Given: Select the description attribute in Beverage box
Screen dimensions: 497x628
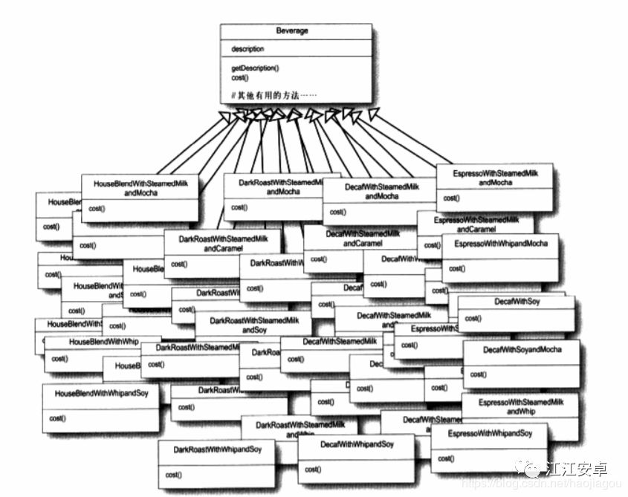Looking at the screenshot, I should [x=247, y=49].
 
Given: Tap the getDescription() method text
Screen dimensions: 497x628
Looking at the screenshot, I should [x=255, y=68].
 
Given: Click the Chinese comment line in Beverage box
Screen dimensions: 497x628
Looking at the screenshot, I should [x=273, y=95].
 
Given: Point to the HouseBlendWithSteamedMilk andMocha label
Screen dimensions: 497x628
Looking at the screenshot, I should [x=140, y=187].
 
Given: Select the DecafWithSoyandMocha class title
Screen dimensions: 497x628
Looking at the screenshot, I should [x=522, y=349].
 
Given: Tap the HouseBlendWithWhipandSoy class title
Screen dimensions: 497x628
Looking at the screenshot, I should [x=100, y=394].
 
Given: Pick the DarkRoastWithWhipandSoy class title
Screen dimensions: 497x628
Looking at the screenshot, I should [x=217, y=450].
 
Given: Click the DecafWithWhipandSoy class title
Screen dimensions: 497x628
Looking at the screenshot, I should [x=357, y=445].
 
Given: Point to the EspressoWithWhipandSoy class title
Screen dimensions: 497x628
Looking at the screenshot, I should [x=490, y=433].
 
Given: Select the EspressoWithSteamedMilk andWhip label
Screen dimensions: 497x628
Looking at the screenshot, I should [x=520, y=406].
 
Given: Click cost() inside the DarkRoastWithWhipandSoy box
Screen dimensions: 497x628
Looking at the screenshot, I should [x=173, y=475].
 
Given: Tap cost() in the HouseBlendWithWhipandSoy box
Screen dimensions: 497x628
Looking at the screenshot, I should [x=57, y=418].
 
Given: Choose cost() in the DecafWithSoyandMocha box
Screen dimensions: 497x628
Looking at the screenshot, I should [x=477, y=374].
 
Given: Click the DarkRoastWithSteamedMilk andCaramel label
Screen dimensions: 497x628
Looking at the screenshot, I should [x=222, y=243].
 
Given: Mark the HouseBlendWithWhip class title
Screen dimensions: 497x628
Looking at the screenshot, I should [x=103, y=342].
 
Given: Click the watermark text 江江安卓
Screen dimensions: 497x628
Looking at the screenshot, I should [x=577, y=470].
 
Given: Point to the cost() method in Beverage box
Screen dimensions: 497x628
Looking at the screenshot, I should [x=239, y=77].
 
